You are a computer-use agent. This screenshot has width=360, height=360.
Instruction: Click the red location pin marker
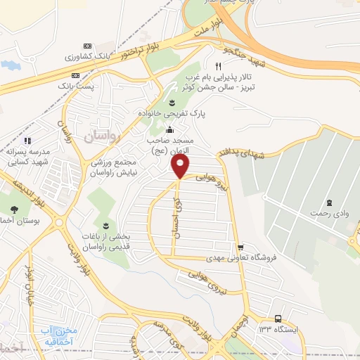(x=181, y=167)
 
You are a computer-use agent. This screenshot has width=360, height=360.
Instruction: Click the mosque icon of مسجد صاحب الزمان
(x=169, y=129)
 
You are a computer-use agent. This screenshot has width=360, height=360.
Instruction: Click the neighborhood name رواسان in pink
(x=105, y=133)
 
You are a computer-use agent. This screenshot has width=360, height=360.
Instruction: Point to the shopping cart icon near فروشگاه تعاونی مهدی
(x=241, y=247)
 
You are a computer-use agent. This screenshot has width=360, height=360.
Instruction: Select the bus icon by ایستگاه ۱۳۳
(x=278, y=318)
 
